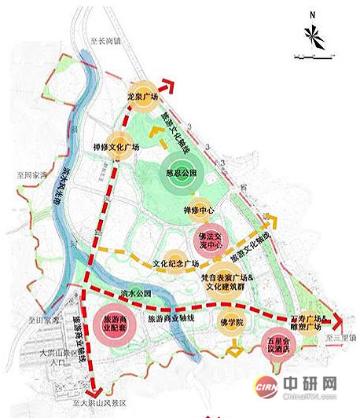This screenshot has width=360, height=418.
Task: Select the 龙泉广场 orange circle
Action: click(x=143, y=94)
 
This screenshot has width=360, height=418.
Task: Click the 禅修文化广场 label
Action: click(x=116, y=146)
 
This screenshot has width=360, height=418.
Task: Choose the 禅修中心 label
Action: click(x=200, y=210)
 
